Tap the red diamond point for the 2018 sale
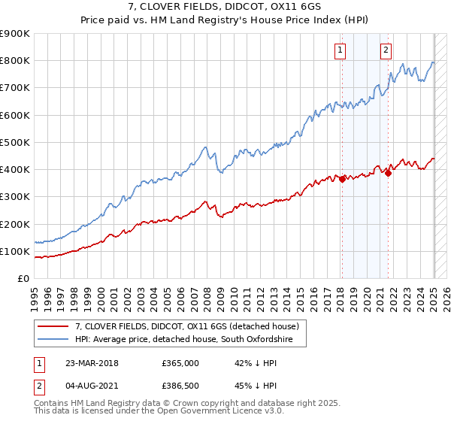(x=342, y=179)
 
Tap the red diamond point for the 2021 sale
(x=389, y=173)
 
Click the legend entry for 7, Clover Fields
(x=187, y=326)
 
